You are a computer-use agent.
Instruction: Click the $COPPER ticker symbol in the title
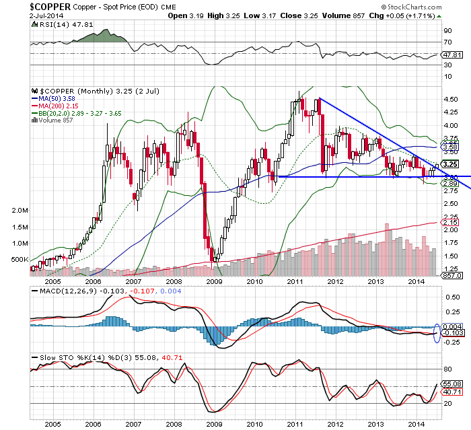(x=28, y=5)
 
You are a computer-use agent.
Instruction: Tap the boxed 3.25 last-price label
(x=450, y=164)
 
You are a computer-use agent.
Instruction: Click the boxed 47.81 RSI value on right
(x=450, y=54)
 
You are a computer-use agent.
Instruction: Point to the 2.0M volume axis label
(x=21, y=211)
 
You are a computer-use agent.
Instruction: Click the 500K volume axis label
(x=21, y=260)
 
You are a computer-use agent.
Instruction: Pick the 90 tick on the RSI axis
(x=445, y=30)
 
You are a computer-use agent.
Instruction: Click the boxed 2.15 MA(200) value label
(x=449, y=223)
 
